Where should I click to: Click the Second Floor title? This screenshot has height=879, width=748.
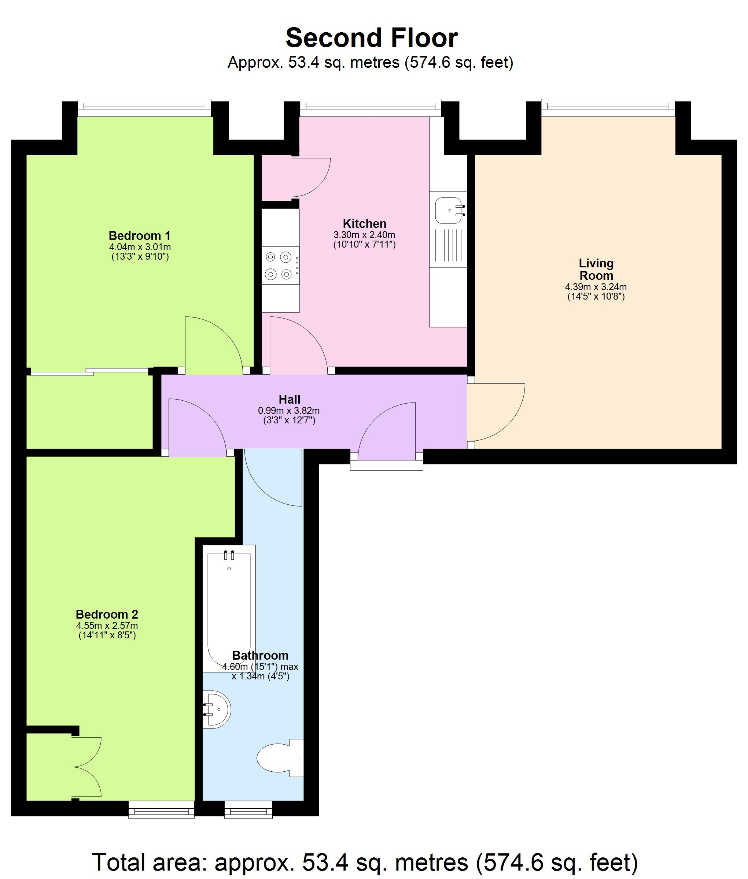pyautogui.click(x=372, y=38)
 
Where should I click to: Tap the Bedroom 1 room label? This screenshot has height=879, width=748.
pyautogui.click(x=140, y=235)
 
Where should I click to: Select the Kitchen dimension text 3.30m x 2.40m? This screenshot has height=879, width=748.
pyautogui.click(x=364, y=235)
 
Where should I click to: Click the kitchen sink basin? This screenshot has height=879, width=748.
pyautogui.click(x=448, y=210)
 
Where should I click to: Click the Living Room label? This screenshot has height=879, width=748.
pyautogui.click(x=596, y=269)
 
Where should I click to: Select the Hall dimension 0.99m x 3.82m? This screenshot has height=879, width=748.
pyautogui.click(x=289, y=411)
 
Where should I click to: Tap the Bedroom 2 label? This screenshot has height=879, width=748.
pyautogui.click(x=107, y=615)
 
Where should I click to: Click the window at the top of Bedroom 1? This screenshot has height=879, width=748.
pyautogui.click(x=144, y=108)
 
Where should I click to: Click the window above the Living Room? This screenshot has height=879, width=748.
pyautogui.click(x=608, y=108)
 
